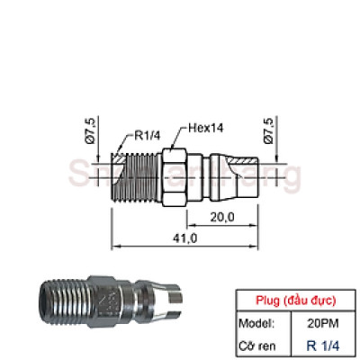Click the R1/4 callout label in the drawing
click(149, 137)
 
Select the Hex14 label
click(205, 128)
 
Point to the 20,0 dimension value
click(223, 217)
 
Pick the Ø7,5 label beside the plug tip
click(269, 129)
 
